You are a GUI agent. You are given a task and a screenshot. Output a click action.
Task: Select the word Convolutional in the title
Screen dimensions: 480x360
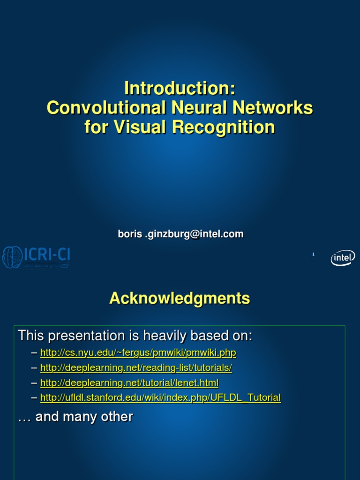click(x=106, y=107)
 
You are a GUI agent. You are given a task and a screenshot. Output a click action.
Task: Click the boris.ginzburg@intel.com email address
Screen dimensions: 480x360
click(x=180, y=234)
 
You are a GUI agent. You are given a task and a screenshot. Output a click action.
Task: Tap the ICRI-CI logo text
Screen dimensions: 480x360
click(x=47, y=255)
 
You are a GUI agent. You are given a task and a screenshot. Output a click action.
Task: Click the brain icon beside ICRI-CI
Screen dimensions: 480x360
click(x=12, y=257)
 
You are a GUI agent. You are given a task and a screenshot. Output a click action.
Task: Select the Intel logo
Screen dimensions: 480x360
click(x=343, y=257)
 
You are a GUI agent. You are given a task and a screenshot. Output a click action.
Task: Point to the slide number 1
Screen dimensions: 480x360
click(x=313, y=255)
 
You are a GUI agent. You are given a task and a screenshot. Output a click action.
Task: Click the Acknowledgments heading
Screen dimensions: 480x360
click(x=180, y=298)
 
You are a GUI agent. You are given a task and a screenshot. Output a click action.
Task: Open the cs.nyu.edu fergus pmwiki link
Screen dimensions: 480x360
click(x=138, y=352)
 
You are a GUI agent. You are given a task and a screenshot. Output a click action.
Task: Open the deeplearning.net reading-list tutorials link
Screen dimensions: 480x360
click(x=136, y=368)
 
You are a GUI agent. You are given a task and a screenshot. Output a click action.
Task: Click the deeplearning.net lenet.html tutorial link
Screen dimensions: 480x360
click(x=129, y=383)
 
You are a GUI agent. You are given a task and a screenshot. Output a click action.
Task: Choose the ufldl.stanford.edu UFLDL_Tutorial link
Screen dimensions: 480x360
click(x=160, y=398)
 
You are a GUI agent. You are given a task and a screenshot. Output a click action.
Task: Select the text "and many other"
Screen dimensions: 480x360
click(x=84, y=416)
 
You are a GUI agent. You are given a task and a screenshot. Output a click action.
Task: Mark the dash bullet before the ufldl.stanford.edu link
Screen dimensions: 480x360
click(x=34, y=398)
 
